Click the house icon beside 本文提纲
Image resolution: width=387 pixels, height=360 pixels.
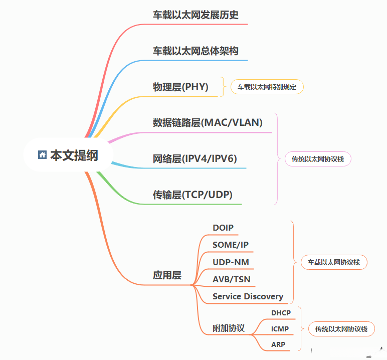(x=42, y=155)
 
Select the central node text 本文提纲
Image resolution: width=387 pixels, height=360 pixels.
(x=74, y=155)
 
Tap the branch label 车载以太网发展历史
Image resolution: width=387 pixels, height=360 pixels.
(x=196, y=15)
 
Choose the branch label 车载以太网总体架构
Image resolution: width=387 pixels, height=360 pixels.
(x=196, y=51)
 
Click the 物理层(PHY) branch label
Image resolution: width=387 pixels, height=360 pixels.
(x=180, y=87)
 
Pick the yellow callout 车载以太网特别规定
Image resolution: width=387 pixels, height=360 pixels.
(x=267, y=87)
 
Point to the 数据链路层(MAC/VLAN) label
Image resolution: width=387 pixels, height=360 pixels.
(x=208, y=122)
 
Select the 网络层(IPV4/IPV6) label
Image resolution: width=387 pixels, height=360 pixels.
(x=195, y=159)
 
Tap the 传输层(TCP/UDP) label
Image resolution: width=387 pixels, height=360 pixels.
(x=192, y=195)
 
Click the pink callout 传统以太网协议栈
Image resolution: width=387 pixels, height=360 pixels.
(x=318, y=159)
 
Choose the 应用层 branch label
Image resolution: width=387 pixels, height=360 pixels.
(x=167, y=275)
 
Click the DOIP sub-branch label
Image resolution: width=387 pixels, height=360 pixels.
(x=223, y=228)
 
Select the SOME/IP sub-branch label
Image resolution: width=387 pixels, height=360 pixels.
(x=231, y=245)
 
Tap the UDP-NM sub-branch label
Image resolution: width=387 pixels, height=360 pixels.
(x=231, y=262)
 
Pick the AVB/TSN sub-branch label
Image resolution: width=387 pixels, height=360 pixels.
(x=232, y=279)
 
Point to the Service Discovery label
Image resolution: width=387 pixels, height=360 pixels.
(x=248, y=296)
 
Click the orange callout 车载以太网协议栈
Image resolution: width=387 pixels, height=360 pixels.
(x=334, y=262)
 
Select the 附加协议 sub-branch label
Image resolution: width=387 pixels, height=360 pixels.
(x=229, y=328)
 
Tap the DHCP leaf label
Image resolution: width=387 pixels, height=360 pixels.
(x=281, y=313)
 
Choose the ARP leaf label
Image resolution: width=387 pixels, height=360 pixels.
(x=278, y=344)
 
